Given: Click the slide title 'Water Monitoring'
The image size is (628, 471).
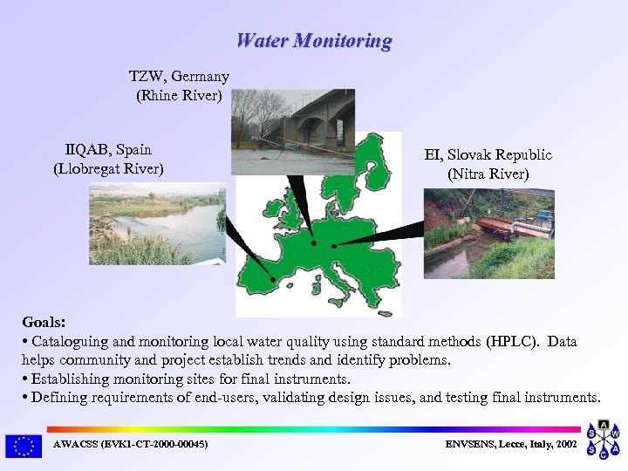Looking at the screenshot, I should [x=314, y=40].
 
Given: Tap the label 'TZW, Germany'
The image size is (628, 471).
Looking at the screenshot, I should [x=179, y=77].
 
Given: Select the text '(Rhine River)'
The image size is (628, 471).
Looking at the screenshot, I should [x=179, y=95].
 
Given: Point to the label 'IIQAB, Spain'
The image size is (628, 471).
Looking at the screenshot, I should [x=108, y=149].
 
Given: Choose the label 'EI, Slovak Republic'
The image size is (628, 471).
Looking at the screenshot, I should [x=488, y=155].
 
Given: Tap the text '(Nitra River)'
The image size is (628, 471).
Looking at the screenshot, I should [x=488, y=174].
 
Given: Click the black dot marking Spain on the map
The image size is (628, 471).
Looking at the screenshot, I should [x=274, y=280].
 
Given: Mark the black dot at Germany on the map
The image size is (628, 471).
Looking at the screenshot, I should [x=313, y=243].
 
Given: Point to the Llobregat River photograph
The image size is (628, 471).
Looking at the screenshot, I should [x=157, y=223].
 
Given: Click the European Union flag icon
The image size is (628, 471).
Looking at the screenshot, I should [x=24, y=446].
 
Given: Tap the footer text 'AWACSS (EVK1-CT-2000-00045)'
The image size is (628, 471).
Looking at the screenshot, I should [x=130, y=445].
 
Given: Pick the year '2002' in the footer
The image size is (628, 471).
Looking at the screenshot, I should [x=565, y=445].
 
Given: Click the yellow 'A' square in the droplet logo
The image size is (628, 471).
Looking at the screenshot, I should [x=603, y=425].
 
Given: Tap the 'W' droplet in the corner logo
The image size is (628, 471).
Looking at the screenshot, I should [x=615, y=433].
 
